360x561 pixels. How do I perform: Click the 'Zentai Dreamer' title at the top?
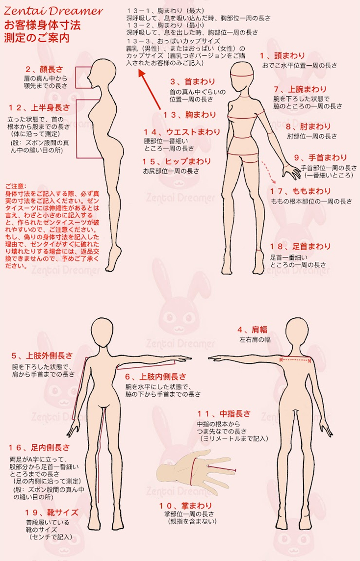point(53,11)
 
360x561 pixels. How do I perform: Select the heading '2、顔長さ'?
point(44,69)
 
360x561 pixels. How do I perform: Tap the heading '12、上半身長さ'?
point(39,107)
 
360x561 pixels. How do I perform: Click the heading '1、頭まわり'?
point(283,56)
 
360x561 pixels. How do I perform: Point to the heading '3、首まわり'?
point(193,81)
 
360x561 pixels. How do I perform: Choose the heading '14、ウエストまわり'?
point(182,132)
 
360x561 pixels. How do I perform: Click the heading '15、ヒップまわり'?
point(177,161)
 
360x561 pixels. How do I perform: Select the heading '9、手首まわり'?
point(321,158)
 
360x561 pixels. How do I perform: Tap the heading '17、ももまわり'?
point(300,191)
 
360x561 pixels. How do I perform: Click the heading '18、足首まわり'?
point(300,247)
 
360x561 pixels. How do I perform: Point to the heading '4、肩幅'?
point(252,330)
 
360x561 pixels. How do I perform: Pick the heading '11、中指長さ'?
point(224,414)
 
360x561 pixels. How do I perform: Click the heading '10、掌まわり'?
point(186,506)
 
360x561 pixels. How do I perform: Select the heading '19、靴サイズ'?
point(51,513)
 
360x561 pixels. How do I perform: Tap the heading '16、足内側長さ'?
point(39,448)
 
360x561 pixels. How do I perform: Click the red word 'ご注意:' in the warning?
point(15,186)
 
